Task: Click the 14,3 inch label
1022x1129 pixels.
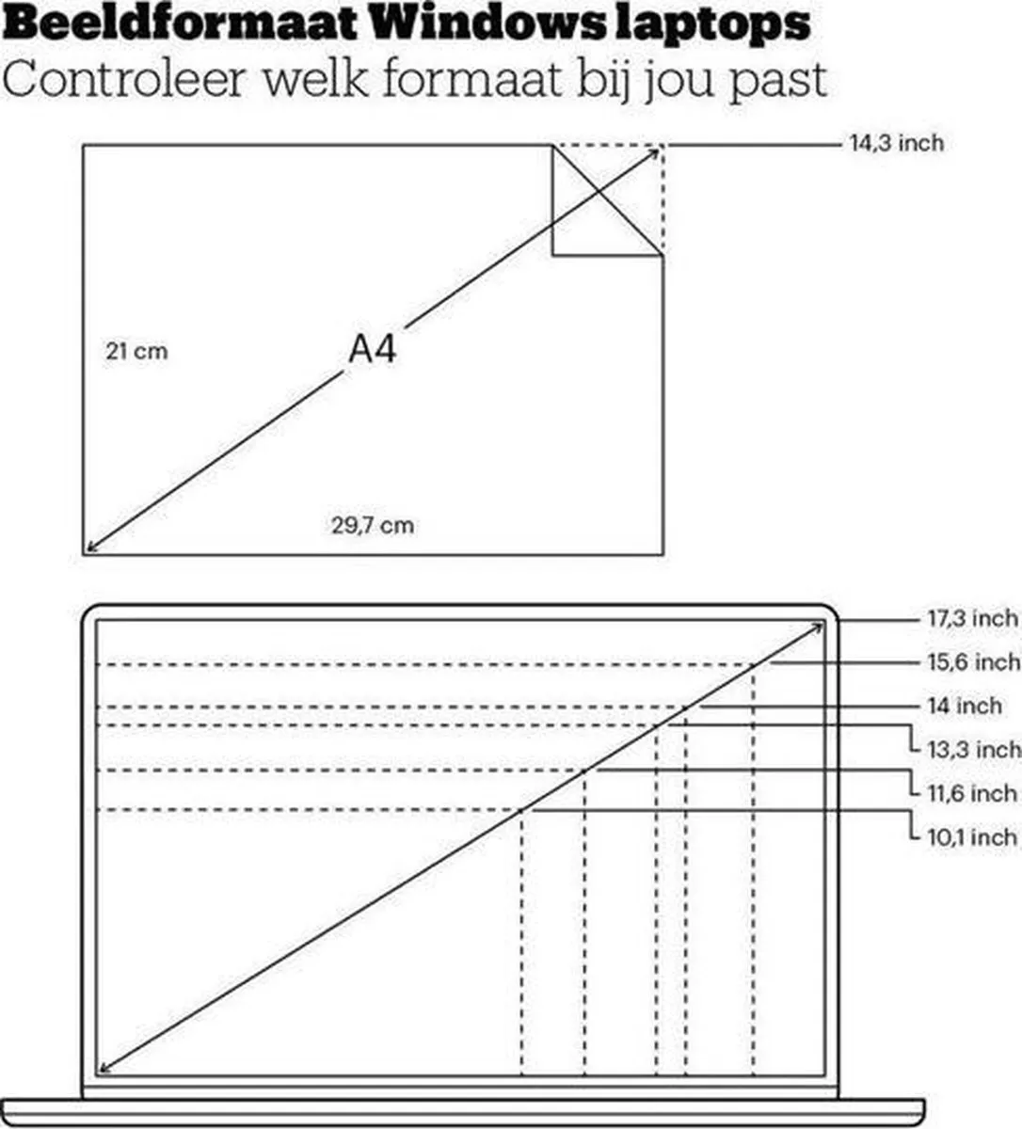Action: pos(897,144)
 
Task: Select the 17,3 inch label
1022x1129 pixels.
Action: pos(973,618)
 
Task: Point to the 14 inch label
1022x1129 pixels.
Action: pos(965,706)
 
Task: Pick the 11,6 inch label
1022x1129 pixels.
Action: pos(972,793)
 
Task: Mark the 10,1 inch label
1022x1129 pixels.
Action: pos(972,837)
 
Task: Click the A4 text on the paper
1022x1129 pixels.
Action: pos(373,349)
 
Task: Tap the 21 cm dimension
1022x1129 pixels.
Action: pos(136,352)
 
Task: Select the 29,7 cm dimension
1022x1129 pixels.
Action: pos(373,525)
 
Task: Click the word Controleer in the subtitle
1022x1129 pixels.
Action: pos(124,78)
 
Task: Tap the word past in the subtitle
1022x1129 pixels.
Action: pos(777,82)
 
